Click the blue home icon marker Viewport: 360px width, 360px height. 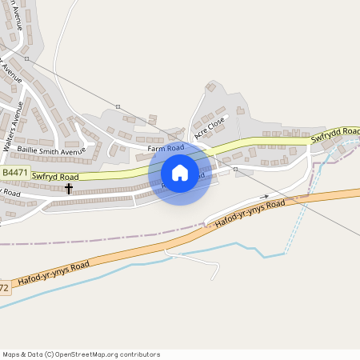(x=180, y=173)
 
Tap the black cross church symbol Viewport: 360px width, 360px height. (x=69, y=189)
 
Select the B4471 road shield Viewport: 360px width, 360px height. (x=14, y=172)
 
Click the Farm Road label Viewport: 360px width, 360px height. (x=166, y=148)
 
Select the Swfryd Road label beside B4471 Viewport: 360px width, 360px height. (x=55, y=176)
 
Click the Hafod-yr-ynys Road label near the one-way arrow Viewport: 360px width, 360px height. (x=250, y=216)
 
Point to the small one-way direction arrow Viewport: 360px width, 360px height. (x=264, y=196)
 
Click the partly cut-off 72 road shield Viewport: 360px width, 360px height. (x=5, y=286)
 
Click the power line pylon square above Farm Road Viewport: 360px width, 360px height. (x=118, y=106)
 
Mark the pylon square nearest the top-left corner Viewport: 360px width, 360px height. (x=26, y=58)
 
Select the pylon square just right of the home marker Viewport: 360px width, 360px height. (x=235, y=170)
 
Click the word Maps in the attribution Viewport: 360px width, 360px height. (x=12, y=354)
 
